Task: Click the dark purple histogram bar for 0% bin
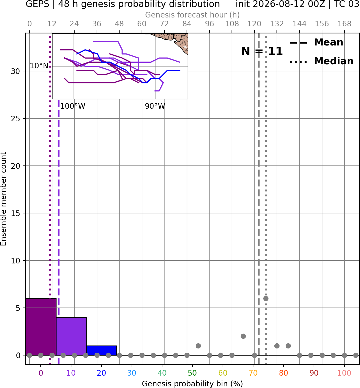[x=41, y=327]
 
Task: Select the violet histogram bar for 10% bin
[x=71, y=336]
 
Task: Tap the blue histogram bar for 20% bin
[x=102, y=351]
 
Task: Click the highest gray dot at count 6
[x=266, y=298]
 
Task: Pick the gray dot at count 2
[x=243, y=336]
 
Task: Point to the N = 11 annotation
[x=262, y=51]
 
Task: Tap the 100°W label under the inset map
[x=73, y=106]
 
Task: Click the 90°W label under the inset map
[x=155, y=106]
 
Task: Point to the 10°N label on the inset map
[x=39, y=66]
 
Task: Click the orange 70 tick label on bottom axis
[x=253, y=373]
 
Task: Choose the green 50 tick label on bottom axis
[x=193, y=373]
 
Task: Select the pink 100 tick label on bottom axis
[x=344, y=373]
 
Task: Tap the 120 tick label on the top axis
[x=254, y=24]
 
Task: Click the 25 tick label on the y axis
[x=16, y=119]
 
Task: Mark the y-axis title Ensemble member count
[x=3, y=199]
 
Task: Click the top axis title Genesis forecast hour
[x=193, y=15]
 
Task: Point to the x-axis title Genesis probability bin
[x=193, y=384]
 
